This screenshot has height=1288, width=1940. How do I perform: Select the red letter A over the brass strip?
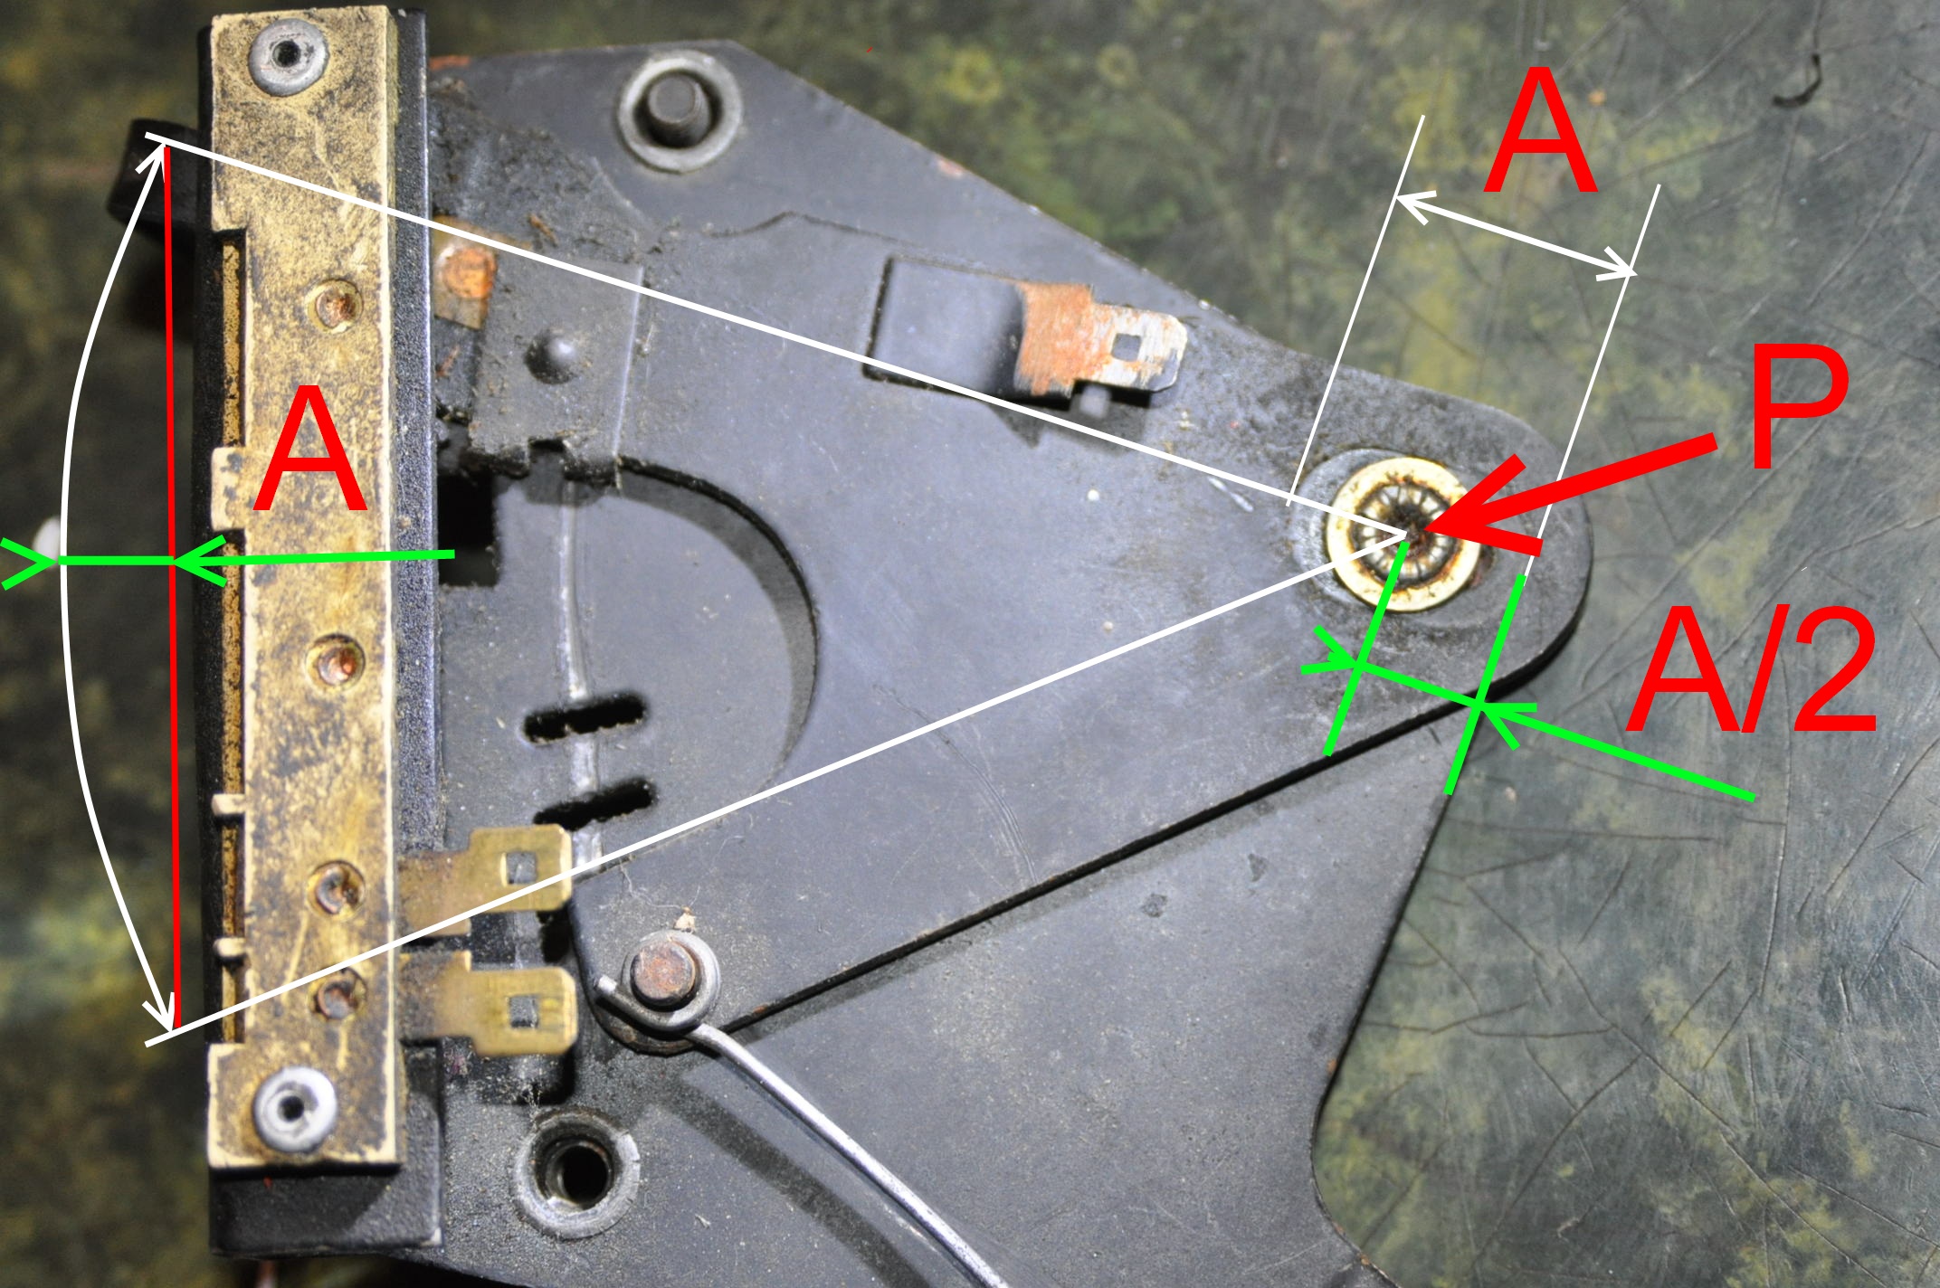[310, 450]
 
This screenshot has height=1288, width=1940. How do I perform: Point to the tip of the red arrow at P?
[1423, 530]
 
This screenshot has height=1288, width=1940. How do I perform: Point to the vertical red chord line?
[172, 587]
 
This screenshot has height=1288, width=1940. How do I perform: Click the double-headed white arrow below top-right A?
[1517, 235]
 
